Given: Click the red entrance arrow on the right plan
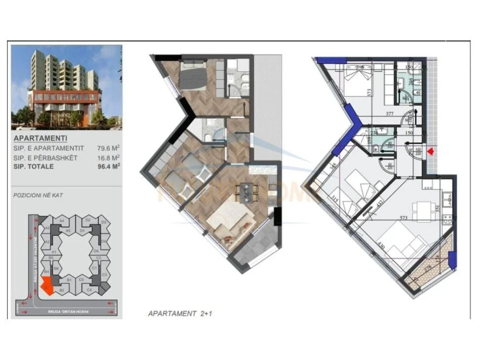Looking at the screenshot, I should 430,151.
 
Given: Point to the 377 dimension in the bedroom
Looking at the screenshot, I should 389,114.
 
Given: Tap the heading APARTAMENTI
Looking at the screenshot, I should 40,138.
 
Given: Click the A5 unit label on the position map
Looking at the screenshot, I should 67,231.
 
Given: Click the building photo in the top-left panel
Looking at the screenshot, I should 66,87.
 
